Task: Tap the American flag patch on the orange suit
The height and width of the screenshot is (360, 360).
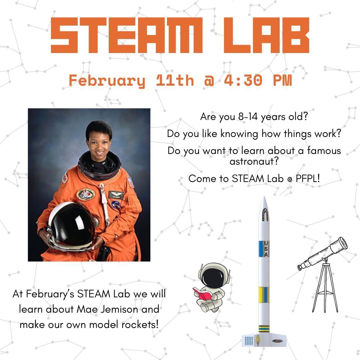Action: (x=131, y=182)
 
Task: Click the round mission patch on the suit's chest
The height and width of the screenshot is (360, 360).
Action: (x=85, y=194)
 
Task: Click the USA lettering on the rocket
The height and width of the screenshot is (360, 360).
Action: (x=266, y=249)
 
